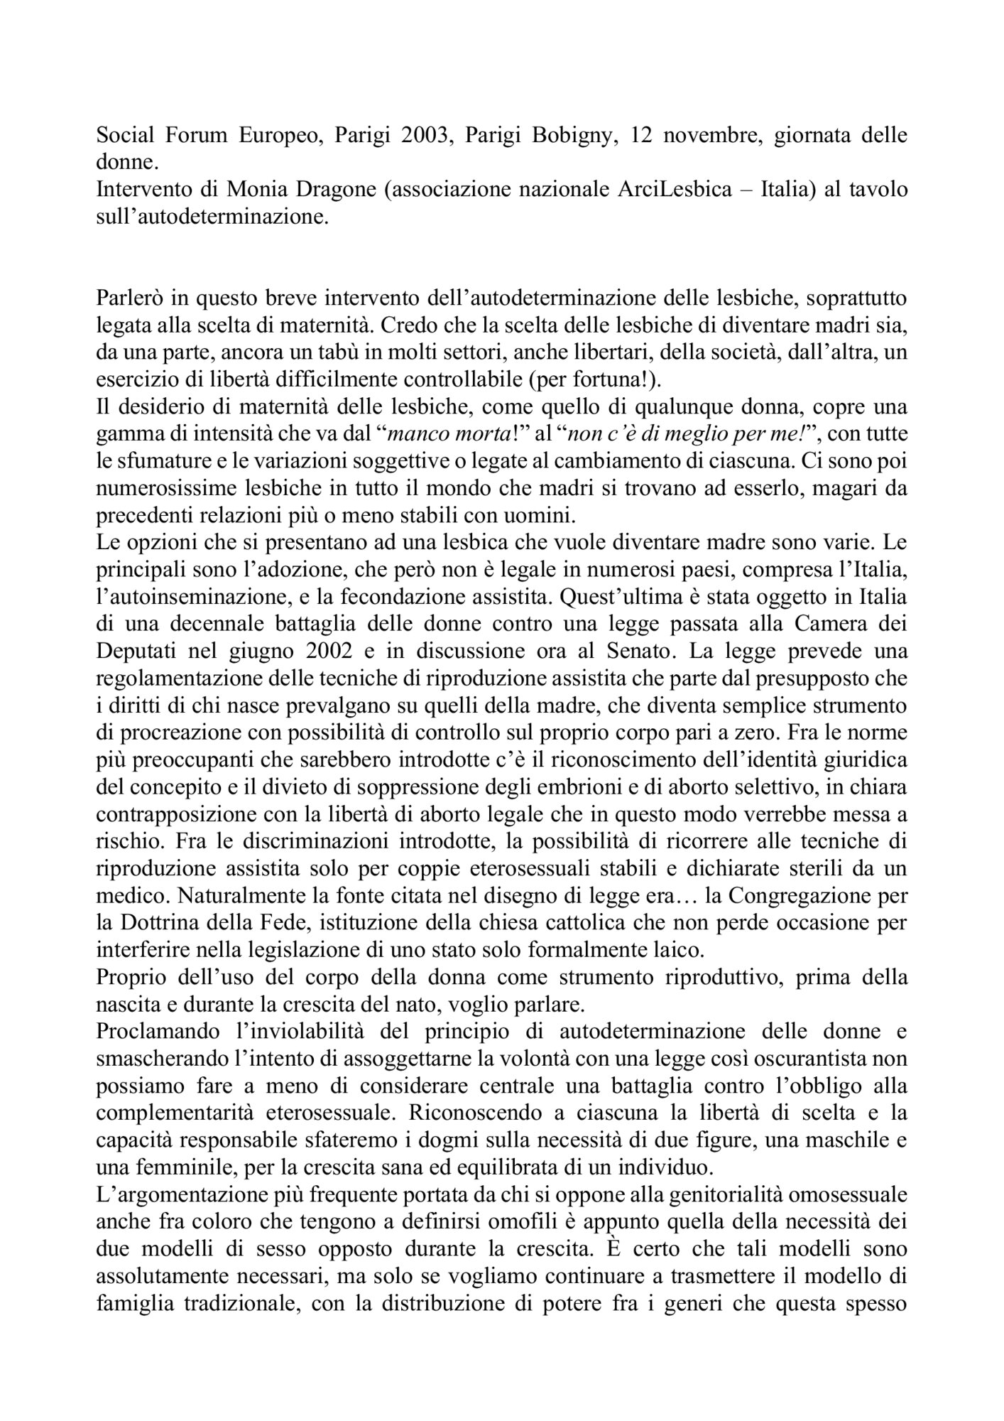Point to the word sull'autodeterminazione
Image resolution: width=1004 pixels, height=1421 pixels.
point(213,217)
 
